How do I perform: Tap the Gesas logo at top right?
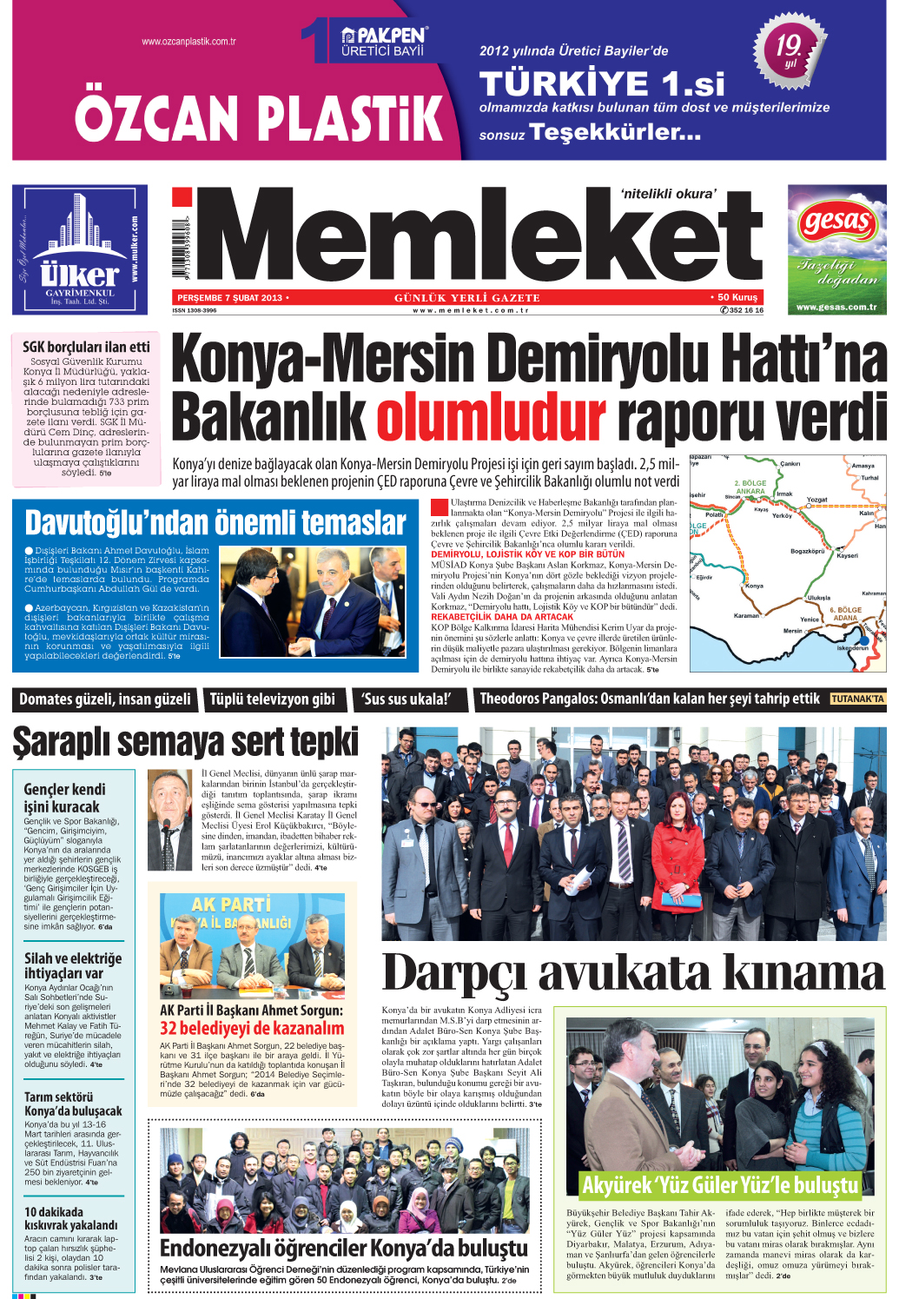836,223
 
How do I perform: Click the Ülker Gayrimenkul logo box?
79,249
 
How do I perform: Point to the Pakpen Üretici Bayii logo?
383,42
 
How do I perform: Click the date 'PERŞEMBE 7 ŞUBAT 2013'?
230,298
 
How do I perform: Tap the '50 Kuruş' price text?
737,297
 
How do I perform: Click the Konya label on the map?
754,586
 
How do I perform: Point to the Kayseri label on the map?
847,556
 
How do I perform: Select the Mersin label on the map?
792,631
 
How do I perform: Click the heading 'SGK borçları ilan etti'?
86,347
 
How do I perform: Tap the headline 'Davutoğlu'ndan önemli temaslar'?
215,523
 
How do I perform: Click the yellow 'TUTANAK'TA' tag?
856,699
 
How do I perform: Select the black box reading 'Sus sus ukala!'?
407,699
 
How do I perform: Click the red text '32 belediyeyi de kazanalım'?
252,1028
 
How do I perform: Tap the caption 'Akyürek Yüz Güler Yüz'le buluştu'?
720,1185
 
